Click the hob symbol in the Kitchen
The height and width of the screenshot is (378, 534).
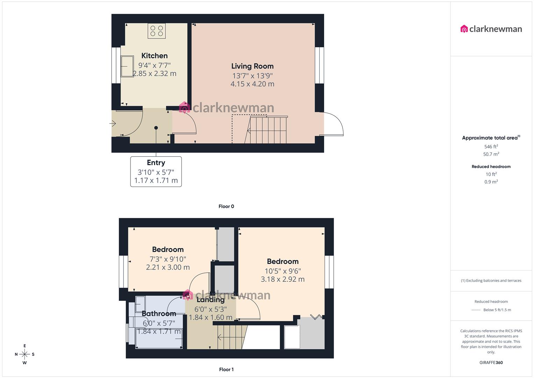(157, 31)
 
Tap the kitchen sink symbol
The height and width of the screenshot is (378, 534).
(127, 66)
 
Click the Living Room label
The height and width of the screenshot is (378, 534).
(252, 66)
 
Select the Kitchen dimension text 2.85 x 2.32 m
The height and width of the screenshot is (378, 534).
(154, 73)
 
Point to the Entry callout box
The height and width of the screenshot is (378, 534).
(156, 171)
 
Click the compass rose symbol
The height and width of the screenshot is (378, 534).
(24, 354)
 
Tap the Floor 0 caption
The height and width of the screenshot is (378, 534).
(226, 206)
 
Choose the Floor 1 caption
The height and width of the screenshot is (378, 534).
(226, 369)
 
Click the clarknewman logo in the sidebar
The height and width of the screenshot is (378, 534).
(491, 29)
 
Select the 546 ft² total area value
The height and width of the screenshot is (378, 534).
(491, 147)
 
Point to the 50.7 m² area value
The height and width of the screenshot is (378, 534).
(491, 154)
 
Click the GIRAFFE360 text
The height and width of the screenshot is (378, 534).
(491, 363)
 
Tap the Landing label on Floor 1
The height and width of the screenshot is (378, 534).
(211, 300)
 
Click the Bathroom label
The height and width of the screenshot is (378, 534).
(159, 313)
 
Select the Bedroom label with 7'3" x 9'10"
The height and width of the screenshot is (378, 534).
(168, 250)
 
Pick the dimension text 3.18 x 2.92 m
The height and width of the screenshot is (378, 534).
(283, 279)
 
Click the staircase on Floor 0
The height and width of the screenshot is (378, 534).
(268, 130)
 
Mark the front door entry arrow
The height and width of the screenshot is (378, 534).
(113, 123)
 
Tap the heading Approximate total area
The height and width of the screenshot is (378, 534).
(490, 138)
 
